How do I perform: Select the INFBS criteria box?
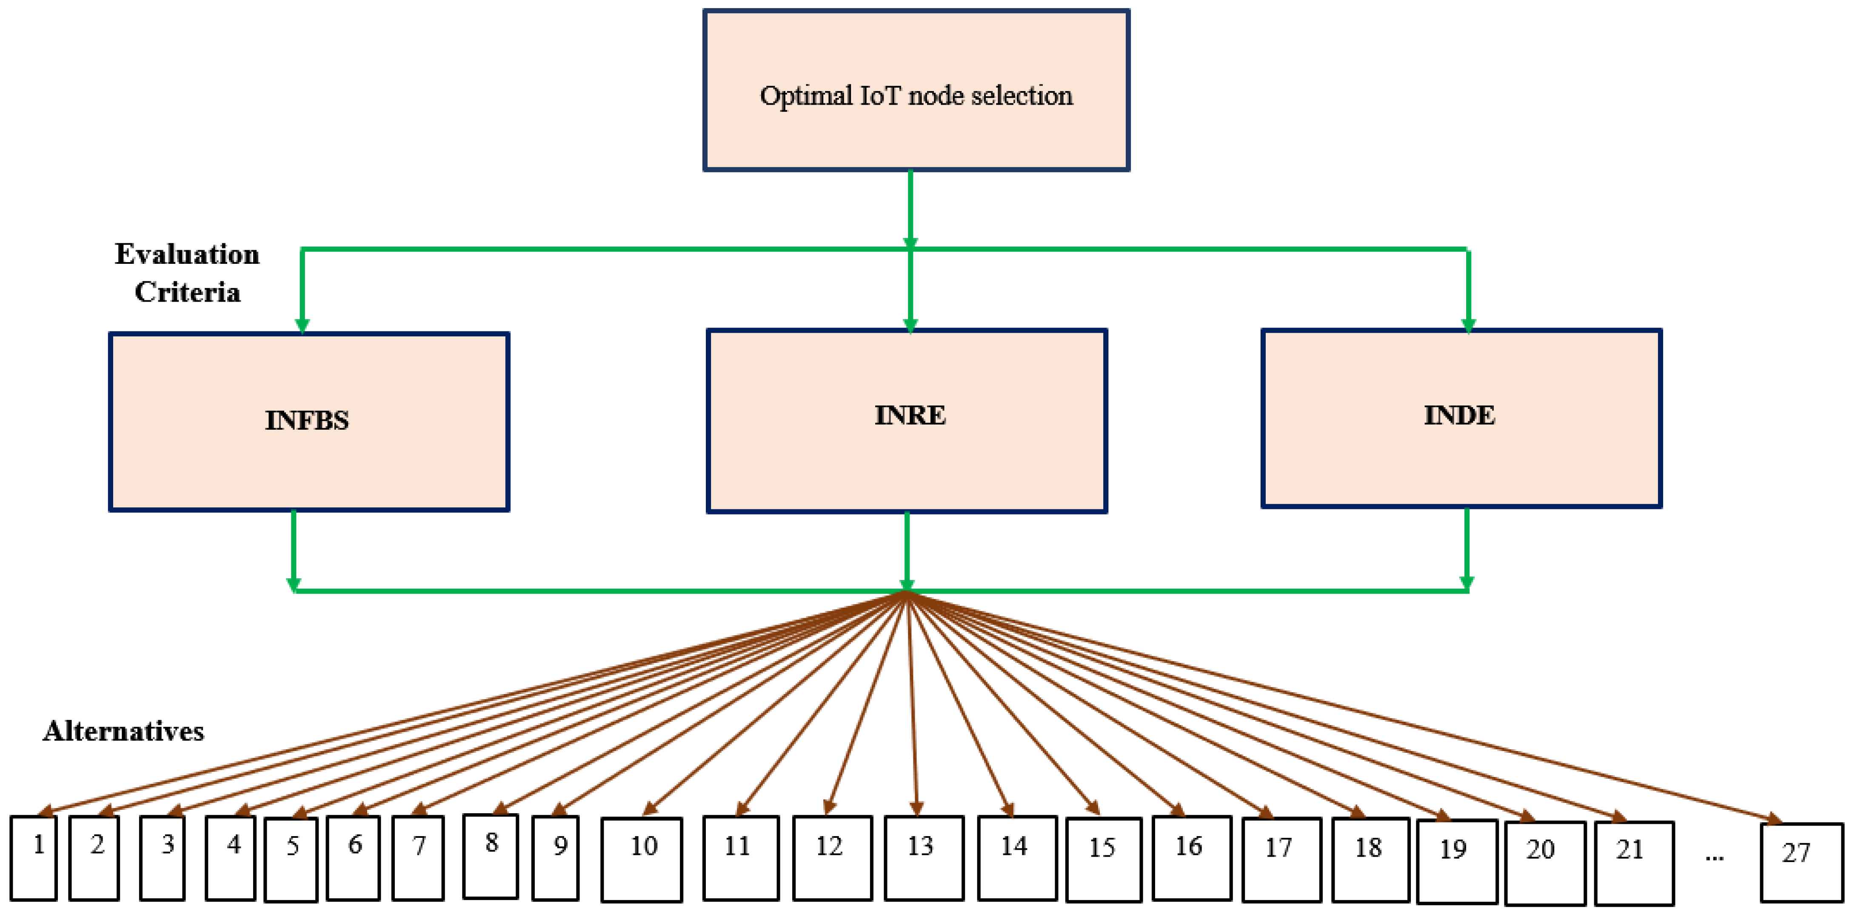(x=309, y=421)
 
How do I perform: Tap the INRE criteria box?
(x=907, y=421)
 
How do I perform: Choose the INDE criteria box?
(x=1461, y=418)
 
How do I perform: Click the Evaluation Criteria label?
(x=187, y=273)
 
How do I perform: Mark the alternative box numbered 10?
(x=642, y=859)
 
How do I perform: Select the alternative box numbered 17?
(x=1281, y=859)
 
